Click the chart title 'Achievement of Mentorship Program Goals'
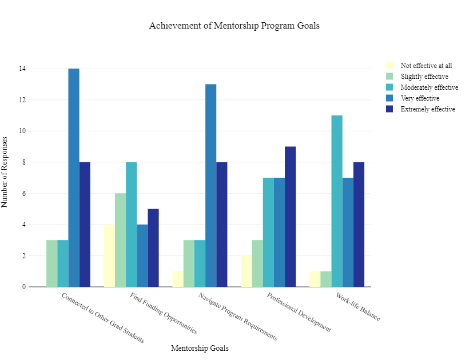[234, 26]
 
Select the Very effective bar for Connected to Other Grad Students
[74, 177]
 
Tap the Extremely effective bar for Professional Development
[291, 217]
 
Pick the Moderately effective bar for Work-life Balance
[337, 201]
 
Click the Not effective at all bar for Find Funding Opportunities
[109, 255]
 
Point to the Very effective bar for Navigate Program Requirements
[211, 185]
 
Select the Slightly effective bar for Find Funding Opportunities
[120, 240]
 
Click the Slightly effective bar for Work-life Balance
[326, 279]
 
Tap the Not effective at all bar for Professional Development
[247, 271]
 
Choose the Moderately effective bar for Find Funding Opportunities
[132, 225]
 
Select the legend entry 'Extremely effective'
[427, 109]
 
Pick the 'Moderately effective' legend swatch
[390, 87]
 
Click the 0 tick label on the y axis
[23, 287]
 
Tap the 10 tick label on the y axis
[22, 131]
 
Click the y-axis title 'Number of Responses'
[5, 171]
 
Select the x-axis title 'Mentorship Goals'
[200, 348]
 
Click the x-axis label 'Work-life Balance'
[357, 308]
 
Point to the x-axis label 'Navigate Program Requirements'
[237, 317]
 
